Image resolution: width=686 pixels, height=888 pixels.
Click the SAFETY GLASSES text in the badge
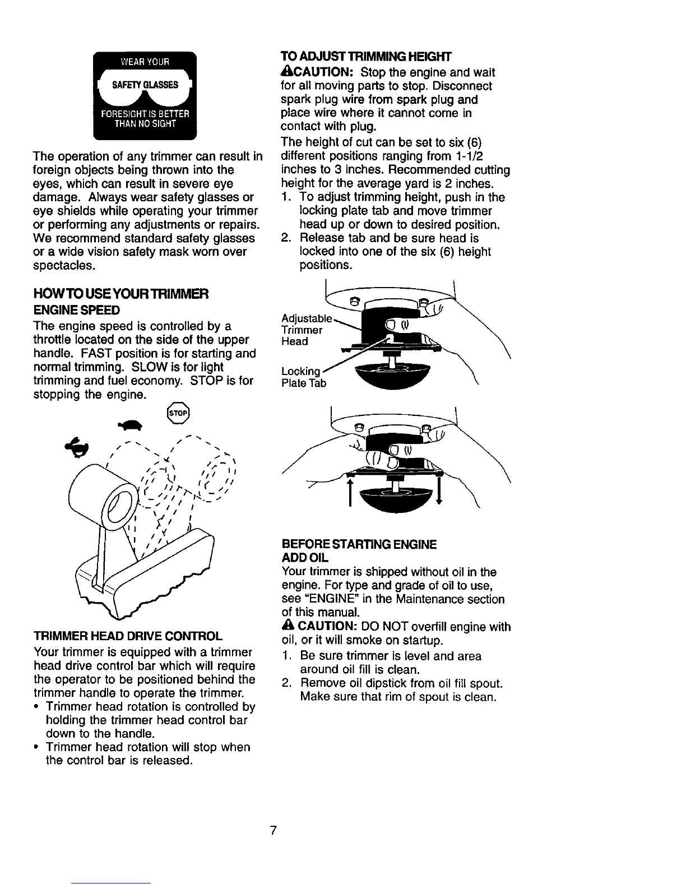(145, 85)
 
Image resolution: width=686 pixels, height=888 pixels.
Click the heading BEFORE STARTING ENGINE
(358, 544)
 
